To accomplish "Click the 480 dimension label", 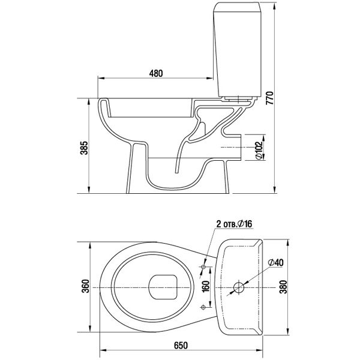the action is pos(156,73).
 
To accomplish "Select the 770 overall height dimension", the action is pos(270,98).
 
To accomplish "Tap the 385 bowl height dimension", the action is pos(84,148).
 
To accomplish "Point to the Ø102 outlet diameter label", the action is pos(259,149).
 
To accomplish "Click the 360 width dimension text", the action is pos(86,286).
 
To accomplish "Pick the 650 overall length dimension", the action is pos(181,346).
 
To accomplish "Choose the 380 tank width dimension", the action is pos(284,287).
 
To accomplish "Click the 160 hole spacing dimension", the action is pos(206,286).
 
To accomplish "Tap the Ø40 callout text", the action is pos(276,262).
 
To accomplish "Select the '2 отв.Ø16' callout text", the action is pos(234,224).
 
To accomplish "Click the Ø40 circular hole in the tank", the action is pos(239,287).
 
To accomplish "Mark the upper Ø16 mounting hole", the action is pos(203,267).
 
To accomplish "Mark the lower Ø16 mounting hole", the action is pos(203,307).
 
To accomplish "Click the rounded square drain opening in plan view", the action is pos(163,287).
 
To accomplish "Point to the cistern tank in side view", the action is pos(238,49).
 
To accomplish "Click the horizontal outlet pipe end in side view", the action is pos(241,147).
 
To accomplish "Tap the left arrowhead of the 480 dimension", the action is pos(101,78).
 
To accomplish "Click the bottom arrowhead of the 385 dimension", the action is pos(89,190).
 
